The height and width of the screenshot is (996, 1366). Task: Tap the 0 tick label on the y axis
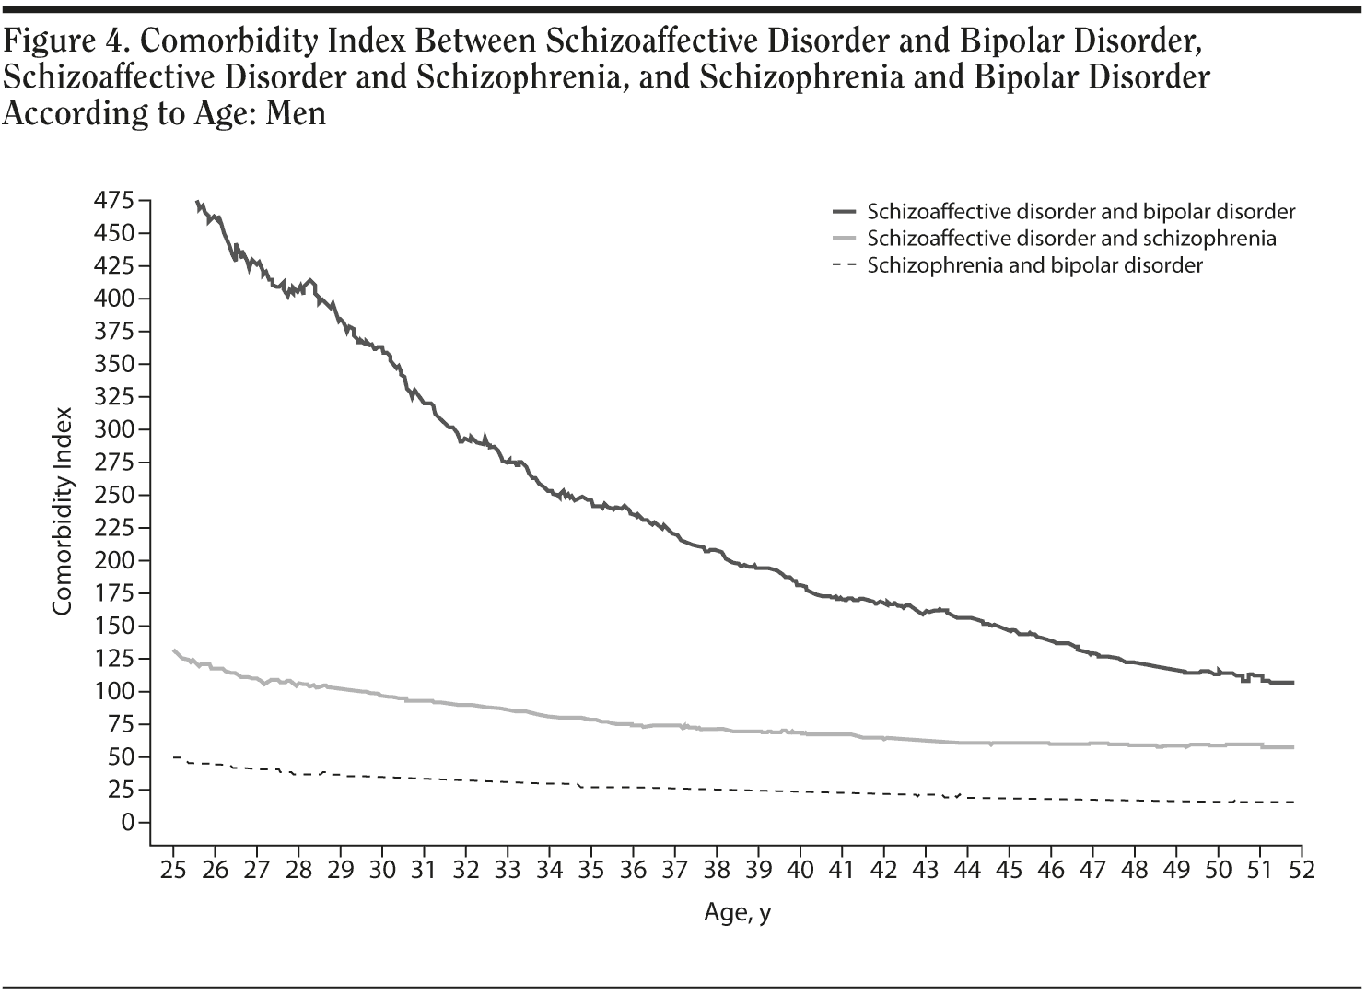[127, 822]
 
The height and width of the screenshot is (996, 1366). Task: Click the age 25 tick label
[173, 870]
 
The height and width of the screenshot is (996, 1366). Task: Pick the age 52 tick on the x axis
[1302, 870]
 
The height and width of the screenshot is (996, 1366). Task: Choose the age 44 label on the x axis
[967, 870]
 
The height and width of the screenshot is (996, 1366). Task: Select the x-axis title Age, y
[737, 913]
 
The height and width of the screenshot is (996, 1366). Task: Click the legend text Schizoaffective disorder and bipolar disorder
[1080, 212]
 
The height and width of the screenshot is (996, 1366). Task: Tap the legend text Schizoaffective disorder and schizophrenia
[1071, 239]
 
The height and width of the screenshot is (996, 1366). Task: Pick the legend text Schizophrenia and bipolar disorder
[1034, 265]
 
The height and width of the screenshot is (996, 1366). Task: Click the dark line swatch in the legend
[844, 212]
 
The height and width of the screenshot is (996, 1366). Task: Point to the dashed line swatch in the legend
[844, 265]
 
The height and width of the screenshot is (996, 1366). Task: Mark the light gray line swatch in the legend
[844, 239]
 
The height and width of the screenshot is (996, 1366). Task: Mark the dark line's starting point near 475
[197, 202]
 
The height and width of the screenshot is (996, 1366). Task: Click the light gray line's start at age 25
[174, 650]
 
